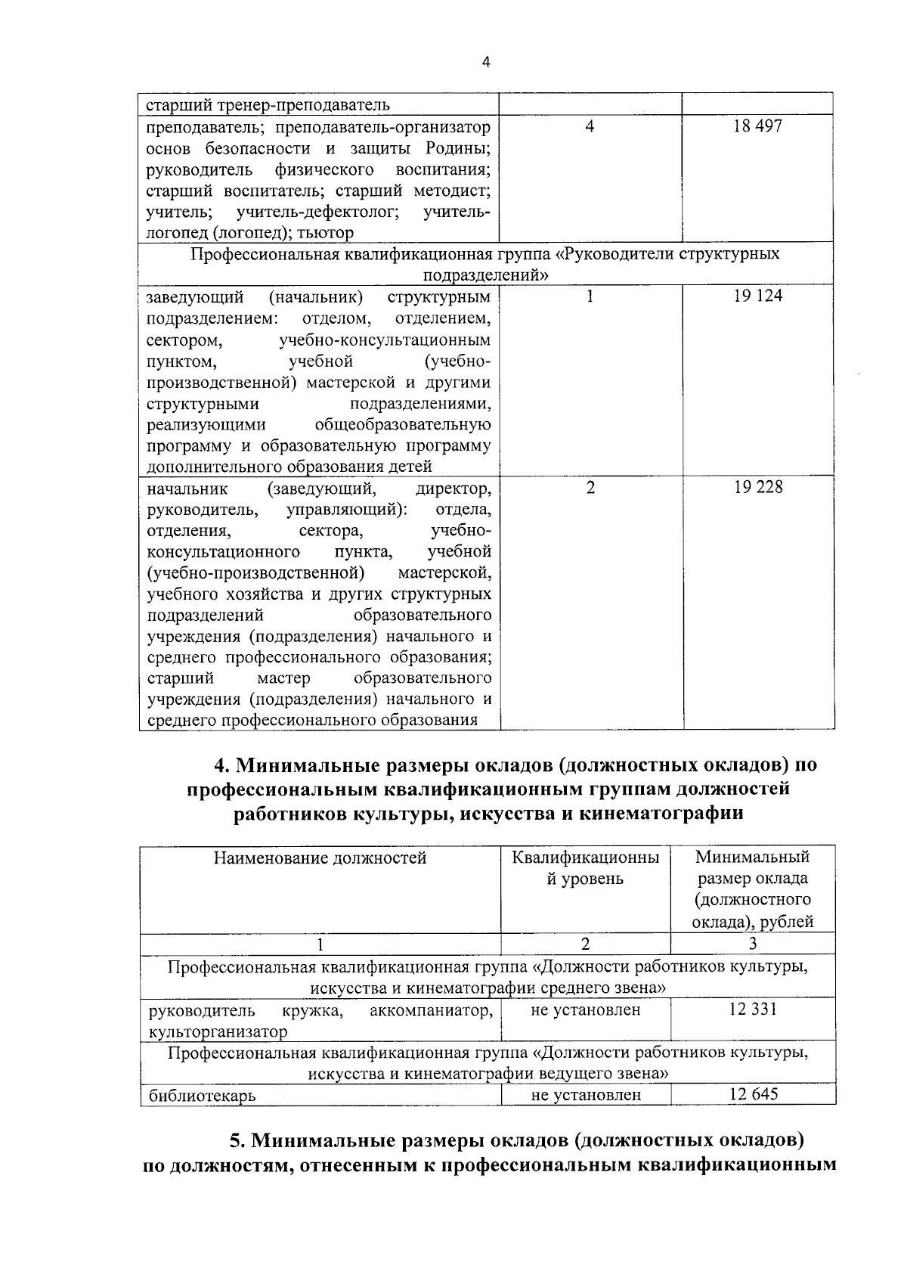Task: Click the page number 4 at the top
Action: click(x=486, y=63)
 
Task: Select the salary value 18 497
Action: click(x=757, y=126)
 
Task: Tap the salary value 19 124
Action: click(x=757, y=296)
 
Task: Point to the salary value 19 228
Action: click(x=757, y=488)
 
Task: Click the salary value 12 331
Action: click(x=752, y=1009)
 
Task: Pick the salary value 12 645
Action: click(x=753, y=1093)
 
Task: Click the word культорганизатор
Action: click(x=218, y=1031)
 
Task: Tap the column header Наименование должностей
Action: click(x=320, y=858)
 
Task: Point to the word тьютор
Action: click(x=326, y=233)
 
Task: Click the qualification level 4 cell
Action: click(x=590, y=126)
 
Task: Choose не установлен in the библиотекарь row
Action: click(x=586, y=1094)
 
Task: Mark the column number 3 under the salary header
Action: click(x=752, y=943)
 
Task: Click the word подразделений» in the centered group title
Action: click(x=485, y=274)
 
